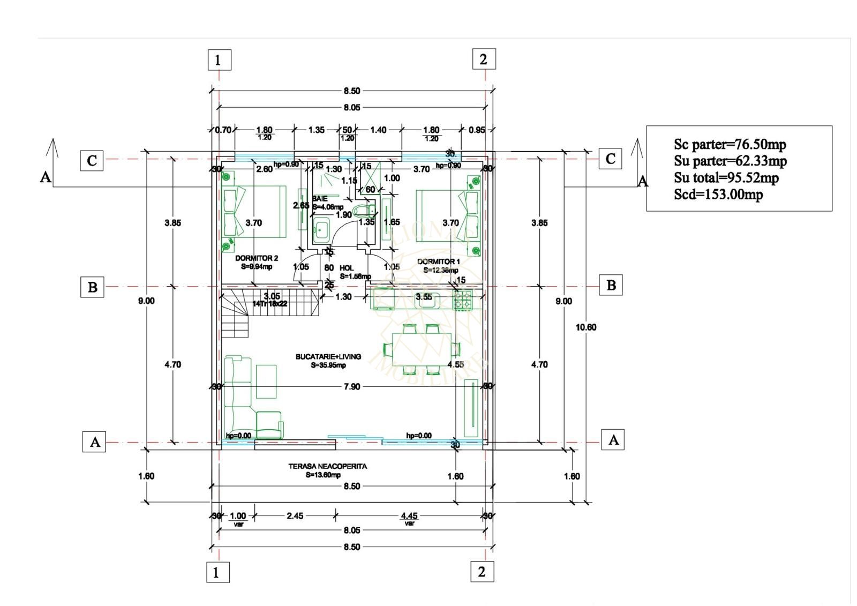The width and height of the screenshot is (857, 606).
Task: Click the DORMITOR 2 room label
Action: pos(257,258)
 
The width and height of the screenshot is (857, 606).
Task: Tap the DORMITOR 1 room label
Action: pos(439,261)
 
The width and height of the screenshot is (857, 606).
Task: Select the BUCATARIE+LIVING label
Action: pos(328,356)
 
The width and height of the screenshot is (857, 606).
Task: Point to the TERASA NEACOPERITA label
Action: pos(328,466)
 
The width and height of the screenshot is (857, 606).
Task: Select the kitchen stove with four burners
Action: pos(463,300)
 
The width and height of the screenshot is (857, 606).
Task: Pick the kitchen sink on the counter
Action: pos(427,300)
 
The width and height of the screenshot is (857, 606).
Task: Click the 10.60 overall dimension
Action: pos(586,327)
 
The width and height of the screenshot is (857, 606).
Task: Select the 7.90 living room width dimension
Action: pos(352,386)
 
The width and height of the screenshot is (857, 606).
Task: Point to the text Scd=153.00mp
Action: pos(718,194)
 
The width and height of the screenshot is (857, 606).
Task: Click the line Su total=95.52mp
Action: pos(726,177)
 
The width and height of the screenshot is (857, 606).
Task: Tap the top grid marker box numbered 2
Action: pos(484,59)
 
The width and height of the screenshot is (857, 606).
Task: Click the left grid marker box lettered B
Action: pos(92,287)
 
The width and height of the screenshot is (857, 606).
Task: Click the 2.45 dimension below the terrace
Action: pos(295,515)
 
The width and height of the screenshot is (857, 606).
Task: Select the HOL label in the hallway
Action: pos(347,268)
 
